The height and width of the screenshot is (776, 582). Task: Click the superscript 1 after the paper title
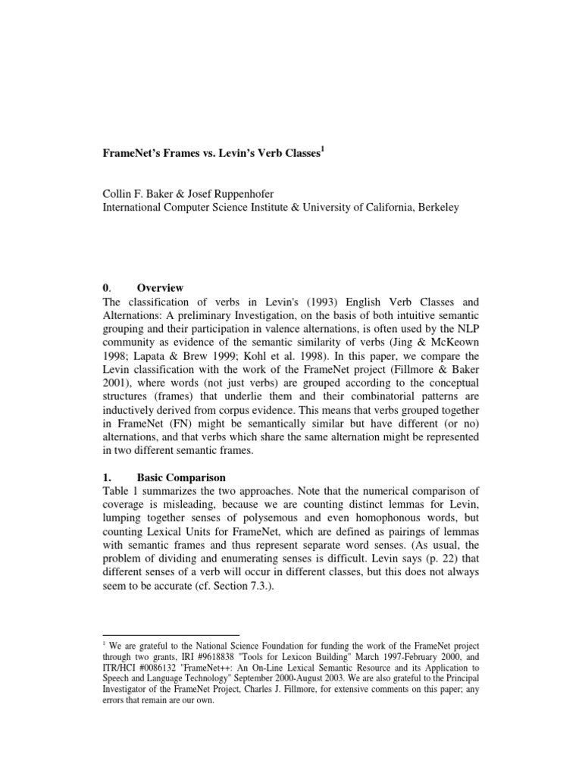324,149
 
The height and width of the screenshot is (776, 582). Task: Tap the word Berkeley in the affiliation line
431,208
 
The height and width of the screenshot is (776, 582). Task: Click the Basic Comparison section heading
181,478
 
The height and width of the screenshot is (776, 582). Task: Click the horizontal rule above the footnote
171,634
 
